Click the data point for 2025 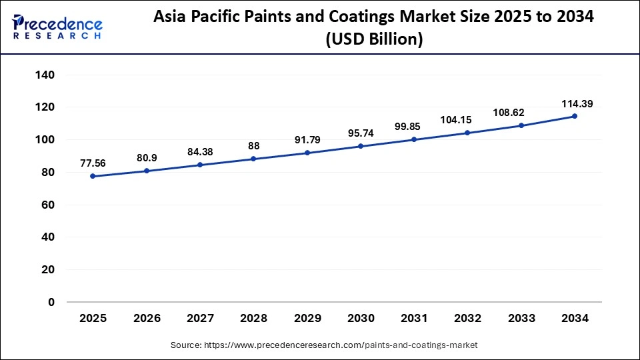(93, 176)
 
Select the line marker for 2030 (361, 146)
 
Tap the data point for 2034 (575, 116)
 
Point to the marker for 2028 (253, 159)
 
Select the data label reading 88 (253, 145)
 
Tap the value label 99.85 (414, 127)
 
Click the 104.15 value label (468, 120)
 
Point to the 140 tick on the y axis (45, 75)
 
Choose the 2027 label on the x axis (200, 319)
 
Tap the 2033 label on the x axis (521, 319)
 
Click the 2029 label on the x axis (307, 319)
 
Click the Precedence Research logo (57, 26)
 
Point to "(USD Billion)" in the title (373, 40)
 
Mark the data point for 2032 (468, 133)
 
